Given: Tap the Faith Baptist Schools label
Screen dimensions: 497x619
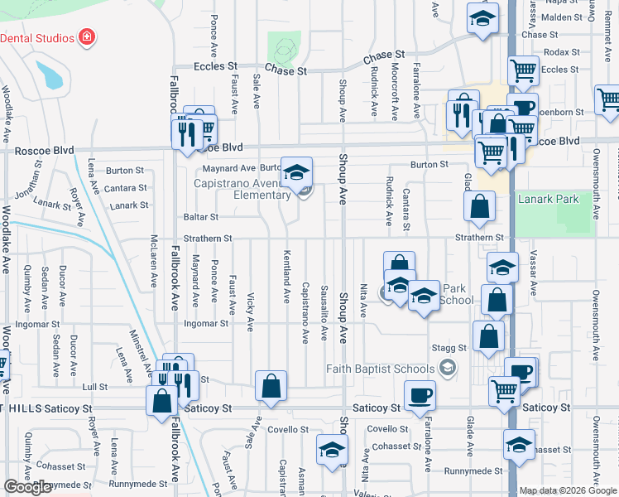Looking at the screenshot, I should coord(380,369).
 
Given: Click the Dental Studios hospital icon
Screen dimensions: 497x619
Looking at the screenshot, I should coord(86,37).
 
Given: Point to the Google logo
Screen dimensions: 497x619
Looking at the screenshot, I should coord(27,487).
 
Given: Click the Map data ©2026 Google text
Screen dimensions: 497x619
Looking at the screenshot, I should coord(568,490).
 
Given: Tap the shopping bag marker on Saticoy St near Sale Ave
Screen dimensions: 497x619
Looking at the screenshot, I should coord(271,387).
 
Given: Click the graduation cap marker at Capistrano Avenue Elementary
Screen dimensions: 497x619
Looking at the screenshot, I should coord(296,173).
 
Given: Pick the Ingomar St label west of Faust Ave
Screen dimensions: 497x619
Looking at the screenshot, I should coord(205,323).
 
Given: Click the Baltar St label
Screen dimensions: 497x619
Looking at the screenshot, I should coord(201,217).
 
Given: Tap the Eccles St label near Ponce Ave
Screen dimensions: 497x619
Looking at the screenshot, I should coord(215,65).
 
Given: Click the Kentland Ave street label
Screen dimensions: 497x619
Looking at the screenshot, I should coord(287,277).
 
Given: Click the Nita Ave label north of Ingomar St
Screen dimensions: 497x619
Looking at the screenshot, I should coord(362,299).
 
